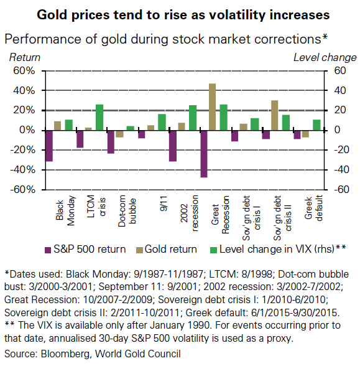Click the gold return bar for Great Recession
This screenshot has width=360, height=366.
(x=212, y=106)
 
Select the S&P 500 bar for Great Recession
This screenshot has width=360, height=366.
(x=204, y=154)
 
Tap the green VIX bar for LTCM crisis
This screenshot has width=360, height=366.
(x=99, y=117)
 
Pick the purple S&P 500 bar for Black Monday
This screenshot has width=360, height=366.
(x=49, y=146)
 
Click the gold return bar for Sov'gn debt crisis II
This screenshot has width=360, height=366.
(x=274, y=115)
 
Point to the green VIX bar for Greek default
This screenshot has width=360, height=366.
(x=316, y=125)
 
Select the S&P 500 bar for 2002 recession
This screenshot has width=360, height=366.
(x=173, y=146)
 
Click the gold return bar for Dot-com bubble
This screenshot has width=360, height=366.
(x=119, y=134)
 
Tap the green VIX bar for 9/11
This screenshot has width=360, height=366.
(x=162, y=122)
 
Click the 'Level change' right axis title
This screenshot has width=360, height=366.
(x=325, y=57)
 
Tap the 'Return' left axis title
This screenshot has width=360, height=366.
(x=25, y=57)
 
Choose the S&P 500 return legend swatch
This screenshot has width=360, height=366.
(x=48, y=250)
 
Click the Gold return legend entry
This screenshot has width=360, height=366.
(x=167, y=249)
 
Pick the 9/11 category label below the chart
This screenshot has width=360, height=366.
(x=164, y=204)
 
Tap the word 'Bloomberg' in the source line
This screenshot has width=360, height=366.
(x=65, y=354)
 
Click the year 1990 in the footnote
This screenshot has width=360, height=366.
(x=199, y=326)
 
